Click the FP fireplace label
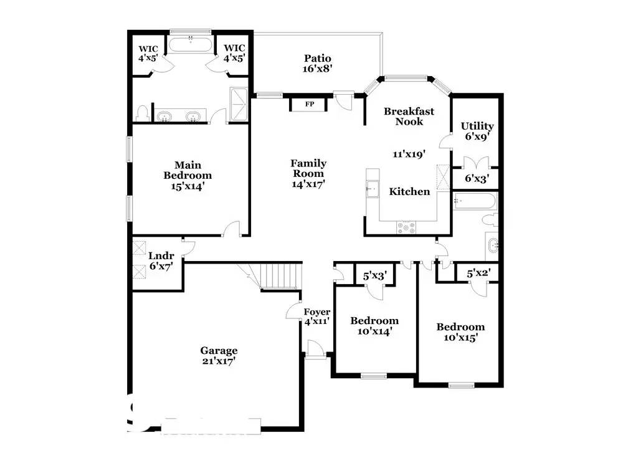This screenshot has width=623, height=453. point(310,104)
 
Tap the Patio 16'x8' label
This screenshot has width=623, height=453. point(317,64)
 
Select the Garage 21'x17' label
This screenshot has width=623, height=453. point(219,356)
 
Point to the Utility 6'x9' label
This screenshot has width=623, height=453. point(477,131)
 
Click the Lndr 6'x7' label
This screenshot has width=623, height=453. point(161,260)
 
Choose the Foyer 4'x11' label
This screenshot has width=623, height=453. point(316,317)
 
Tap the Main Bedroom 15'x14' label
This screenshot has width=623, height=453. point(188,176)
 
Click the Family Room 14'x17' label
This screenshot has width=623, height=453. point(308,174)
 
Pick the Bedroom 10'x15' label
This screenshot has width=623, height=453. point(460,332)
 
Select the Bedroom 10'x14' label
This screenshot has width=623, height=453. point(374,326)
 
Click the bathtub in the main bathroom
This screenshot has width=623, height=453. point(190,44)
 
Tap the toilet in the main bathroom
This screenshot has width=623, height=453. point(142,113)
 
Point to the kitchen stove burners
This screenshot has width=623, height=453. point(406,227)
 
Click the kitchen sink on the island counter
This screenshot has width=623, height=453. point(373,189)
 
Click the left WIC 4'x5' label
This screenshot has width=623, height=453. point(148,54)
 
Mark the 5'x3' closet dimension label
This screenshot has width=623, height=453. point(375,275)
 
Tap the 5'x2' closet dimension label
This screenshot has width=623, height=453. point(478,274)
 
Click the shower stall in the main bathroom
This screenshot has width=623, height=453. point(239,104)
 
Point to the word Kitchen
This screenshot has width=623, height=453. point(409,191)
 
